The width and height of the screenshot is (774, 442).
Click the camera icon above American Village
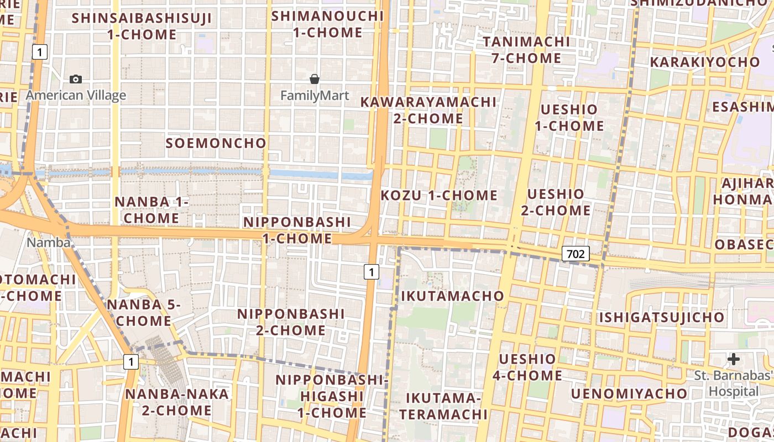[x=76, y=79]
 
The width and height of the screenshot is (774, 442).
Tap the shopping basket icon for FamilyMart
[x=315, y=79]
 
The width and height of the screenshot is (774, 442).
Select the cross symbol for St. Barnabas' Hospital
[x=734, y=359]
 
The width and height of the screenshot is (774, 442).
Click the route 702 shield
[x=576, y=254]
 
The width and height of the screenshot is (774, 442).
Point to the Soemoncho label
[x=216, y=143]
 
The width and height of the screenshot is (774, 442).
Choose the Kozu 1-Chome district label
[x=439, y=195]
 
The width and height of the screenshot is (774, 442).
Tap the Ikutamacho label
[x=452, y=296]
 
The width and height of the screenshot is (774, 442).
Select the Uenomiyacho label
[x=629, y=394]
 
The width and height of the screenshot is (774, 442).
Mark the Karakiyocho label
[x=705, y=62]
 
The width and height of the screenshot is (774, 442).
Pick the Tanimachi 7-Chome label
[x=526, y=50]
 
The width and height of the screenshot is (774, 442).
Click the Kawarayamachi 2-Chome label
[x=428, y=110]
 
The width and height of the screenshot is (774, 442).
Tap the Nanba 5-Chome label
[x=144, y=313]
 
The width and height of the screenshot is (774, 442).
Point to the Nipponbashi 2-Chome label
[x=291, y=322]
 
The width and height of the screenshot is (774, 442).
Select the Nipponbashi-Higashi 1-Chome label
[x=332, y=396]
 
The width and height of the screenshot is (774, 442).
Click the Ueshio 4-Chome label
[x=527, y=367]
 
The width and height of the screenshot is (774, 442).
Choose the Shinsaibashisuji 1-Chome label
[x=142, y=26]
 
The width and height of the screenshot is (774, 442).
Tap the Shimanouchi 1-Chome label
[x=327, y=24]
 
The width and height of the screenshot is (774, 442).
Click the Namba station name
[x=49, y=243]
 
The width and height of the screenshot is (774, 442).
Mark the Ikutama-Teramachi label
[x=443, y=406]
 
